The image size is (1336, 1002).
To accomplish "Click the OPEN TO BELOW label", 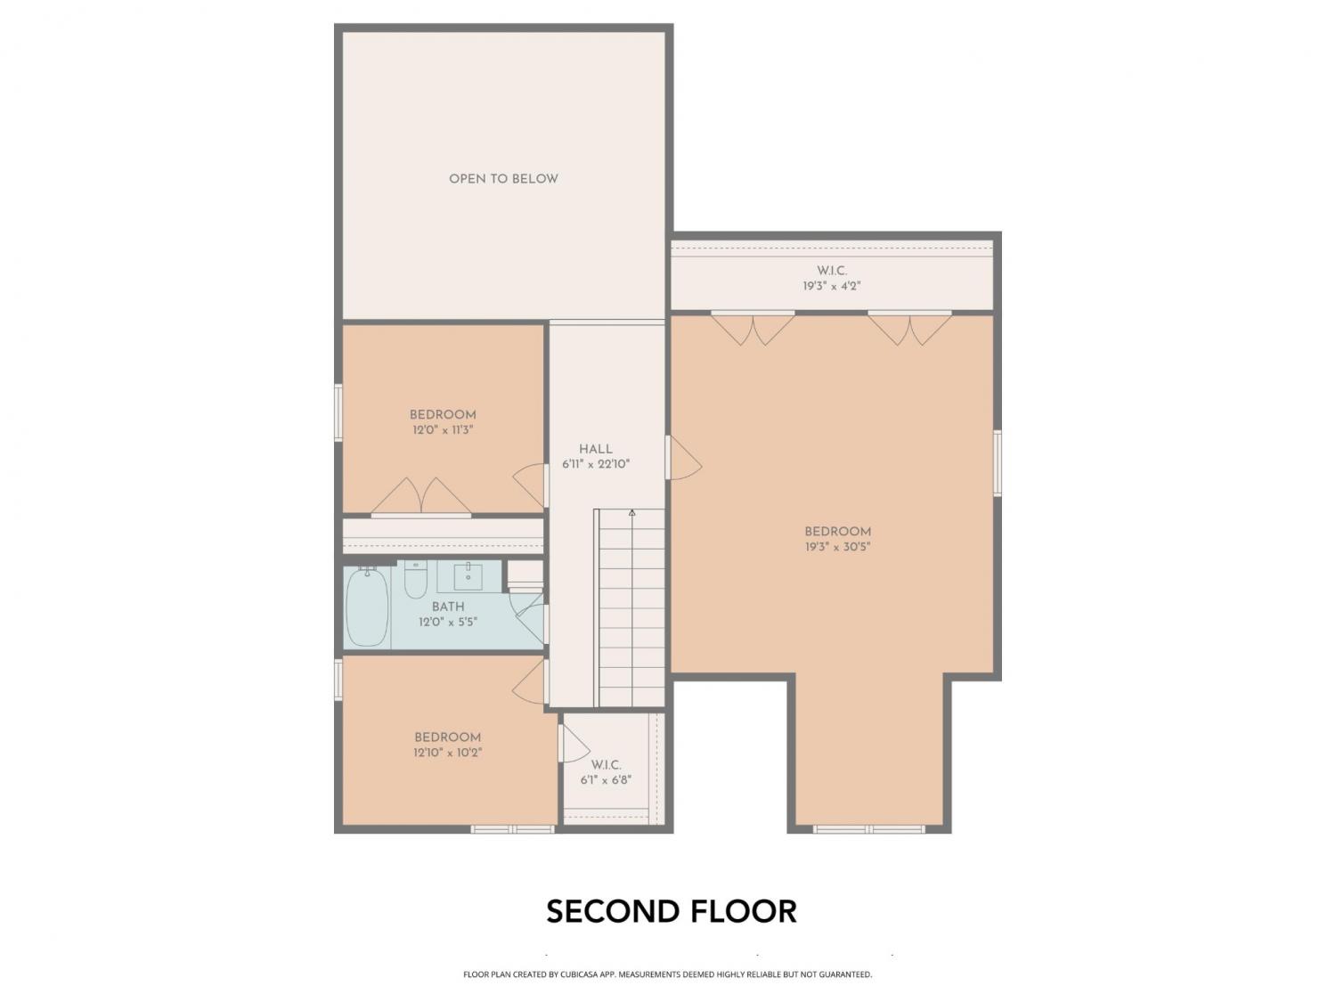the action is (503, 179).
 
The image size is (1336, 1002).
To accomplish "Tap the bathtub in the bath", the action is (367, 607).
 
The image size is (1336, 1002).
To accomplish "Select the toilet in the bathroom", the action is (416, 579).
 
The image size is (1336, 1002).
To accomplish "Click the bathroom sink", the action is (468, 576).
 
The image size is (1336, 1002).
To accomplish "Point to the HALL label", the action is (595, 449).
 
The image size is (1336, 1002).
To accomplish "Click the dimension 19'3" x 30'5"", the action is (837, 547).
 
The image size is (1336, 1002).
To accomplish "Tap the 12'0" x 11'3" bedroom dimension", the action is (443, 430).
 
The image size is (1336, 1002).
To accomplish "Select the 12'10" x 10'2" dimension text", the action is (447, 753).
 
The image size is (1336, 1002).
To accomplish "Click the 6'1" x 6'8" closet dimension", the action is (606, 780).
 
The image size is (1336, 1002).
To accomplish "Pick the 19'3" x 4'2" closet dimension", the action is (831, 286).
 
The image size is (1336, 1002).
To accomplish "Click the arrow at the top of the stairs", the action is (631, 513).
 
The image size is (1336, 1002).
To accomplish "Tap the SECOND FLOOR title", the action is (672, 911).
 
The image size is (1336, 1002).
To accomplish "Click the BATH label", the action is (448, 607).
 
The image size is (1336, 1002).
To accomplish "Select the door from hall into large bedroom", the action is (683, 458).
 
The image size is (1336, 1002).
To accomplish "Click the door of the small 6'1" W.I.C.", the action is (574, 744).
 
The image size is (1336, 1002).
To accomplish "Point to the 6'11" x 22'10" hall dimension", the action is (595, 465).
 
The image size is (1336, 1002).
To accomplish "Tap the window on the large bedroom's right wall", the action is (998, 462).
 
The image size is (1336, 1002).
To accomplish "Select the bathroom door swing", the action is (530, 617).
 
